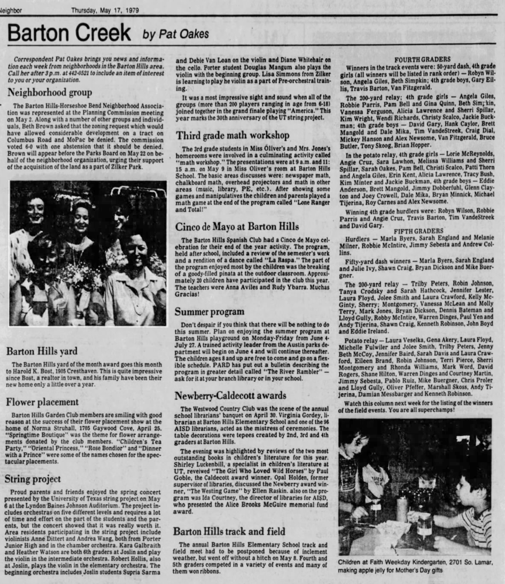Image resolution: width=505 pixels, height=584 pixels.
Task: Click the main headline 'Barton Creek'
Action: pos(69,33)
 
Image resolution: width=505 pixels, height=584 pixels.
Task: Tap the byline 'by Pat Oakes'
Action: pos(176,34)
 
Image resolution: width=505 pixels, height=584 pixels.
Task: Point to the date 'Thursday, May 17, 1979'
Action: pos(105,10)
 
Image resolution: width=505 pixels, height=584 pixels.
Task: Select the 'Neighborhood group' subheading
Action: pos(50,92)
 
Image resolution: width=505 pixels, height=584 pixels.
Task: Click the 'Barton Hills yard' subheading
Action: pos(42,351)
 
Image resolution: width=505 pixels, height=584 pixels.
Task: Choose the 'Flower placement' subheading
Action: pos(42,402)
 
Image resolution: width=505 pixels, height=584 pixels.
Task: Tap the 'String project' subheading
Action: pos(33,479)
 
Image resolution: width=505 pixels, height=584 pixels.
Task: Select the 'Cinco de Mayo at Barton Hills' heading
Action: pos(237,227)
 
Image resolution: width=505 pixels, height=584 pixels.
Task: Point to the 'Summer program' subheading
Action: pos(209,312)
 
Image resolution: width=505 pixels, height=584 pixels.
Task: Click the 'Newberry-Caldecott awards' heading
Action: pos(230,395)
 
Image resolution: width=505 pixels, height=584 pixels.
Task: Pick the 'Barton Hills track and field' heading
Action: pos(229,531)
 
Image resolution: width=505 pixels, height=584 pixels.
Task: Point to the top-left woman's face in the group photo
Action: pos(35,209)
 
